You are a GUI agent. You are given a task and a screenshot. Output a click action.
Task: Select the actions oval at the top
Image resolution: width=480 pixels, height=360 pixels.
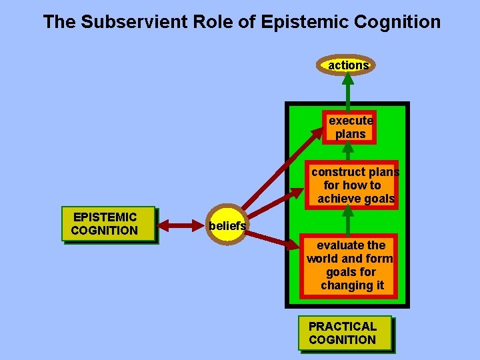click(x=348, y=65)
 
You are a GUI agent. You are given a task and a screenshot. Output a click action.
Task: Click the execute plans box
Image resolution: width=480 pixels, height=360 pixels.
click(x=350, y=127)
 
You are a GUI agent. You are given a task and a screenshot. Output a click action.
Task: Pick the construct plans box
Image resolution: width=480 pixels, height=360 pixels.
click(x=355, y=185)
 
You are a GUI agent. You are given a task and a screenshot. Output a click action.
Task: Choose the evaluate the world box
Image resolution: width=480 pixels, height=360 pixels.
click(x=350, y=265)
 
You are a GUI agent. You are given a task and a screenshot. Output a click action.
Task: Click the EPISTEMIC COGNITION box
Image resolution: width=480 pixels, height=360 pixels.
click(x=108, y=224)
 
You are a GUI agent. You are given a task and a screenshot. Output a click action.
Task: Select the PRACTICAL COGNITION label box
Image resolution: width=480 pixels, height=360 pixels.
click(x=344, y=333)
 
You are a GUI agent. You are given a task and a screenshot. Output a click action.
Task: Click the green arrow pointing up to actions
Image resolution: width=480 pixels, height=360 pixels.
click(x=348, y=90)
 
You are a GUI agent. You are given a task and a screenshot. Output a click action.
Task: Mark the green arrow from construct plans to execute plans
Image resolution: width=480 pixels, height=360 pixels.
click(x=348, y=152)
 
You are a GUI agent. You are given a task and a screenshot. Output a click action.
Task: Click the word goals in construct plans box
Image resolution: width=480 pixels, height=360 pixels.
click(x=377, y=199)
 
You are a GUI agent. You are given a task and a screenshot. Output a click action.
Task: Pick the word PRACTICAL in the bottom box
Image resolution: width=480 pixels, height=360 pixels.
click(x=343, y=326)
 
